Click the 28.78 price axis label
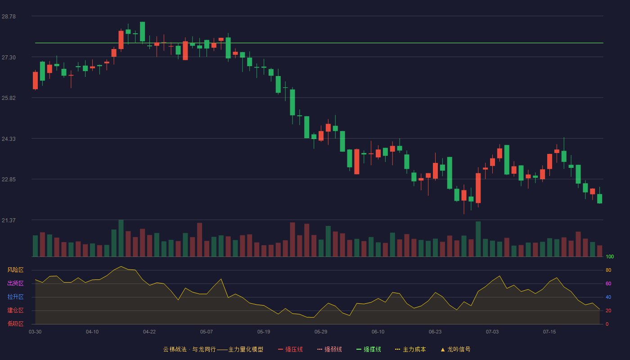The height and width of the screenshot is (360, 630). (x=9, y=17)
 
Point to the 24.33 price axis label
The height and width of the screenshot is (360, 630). (x=9, y=139)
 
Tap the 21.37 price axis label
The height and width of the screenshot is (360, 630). (x=9, y=220)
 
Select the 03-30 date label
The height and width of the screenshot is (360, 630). (x=35, y=332)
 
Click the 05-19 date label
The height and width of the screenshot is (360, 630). (x=264, y=332)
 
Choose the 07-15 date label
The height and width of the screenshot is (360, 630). (x=549, y=332)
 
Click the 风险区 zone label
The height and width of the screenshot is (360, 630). (x=15, y=270)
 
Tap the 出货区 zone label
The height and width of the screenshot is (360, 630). (x=15, y=283)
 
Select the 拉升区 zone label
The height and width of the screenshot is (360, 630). (x=15, y=297)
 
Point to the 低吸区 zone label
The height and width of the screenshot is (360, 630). (x=15, y=324)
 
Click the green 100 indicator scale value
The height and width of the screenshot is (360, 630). (x=610, y=256)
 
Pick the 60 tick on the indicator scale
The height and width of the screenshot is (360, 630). (x=608, y=283)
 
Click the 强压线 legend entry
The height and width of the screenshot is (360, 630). (x=290, y=349)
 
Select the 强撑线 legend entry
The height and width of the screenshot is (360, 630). (x=369, y=349)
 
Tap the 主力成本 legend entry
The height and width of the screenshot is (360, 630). (x=410, y=349)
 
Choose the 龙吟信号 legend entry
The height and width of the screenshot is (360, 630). (x=455, y=349)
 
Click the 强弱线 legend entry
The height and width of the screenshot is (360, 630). (x=329, y=349)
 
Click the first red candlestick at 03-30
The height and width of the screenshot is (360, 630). (x=36, y=81)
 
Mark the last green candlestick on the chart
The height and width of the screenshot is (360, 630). (x=599, y=198)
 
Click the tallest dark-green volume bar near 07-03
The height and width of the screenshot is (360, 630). (x=478, y=239)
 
